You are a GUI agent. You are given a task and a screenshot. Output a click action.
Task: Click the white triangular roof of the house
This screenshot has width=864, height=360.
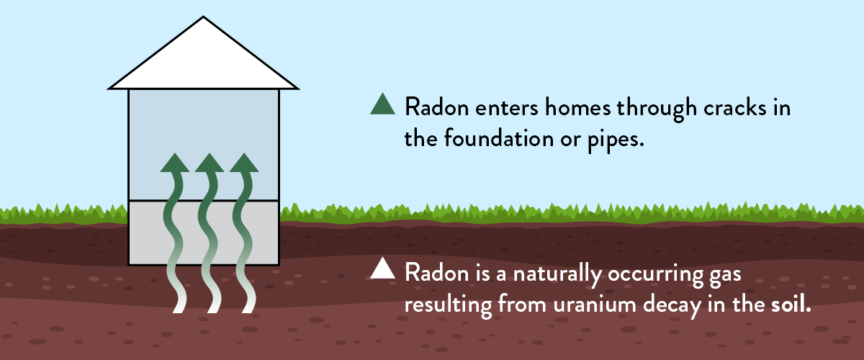point(203,58)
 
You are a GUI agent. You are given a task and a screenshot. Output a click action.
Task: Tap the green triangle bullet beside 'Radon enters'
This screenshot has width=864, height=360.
point(382,105)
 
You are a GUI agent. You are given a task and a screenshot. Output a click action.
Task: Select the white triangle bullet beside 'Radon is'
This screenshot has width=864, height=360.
point(382,269)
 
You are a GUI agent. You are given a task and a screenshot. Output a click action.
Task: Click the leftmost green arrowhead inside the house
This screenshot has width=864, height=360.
point(175,163)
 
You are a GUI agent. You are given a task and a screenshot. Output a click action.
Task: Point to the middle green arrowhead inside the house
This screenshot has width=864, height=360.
point(210,163)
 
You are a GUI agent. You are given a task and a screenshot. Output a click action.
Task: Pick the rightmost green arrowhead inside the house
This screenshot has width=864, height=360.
point(244,163)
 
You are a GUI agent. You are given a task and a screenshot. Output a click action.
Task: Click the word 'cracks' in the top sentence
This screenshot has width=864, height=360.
point(735,108)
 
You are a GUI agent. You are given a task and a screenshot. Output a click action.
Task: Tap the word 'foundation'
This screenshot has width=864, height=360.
point(499,138)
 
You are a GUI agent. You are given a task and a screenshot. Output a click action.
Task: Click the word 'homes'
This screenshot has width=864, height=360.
point(577,107)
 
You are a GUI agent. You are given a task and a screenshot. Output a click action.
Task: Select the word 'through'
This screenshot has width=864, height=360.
point(657,109)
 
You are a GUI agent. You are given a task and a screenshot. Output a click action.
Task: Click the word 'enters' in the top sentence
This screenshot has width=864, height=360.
point(506,109)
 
